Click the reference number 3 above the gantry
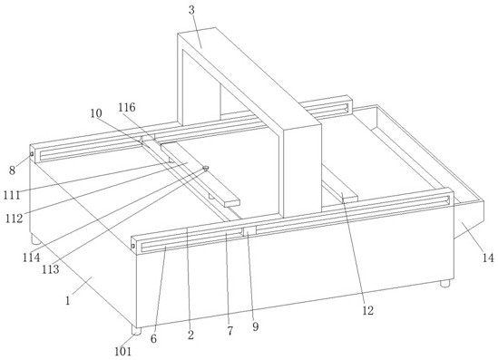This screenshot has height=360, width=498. (x=191, y=10)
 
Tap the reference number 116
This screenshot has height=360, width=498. (x=127, y=108)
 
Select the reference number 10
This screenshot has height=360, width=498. (x=96, y=113)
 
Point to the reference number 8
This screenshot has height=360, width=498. (x=12, y=170)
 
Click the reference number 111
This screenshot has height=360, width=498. (x=12, y=195)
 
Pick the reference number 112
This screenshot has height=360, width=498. (x=14, y=219)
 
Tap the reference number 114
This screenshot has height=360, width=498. (x=32, y=258)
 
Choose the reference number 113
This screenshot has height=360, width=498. (x=51, y=269)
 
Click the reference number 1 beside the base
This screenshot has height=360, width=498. (x=68, y=300)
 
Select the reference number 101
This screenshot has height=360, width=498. (x=122, y=352)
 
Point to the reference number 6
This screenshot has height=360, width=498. (x=153, y=339)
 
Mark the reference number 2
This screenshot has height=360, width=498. (x=190, y=335)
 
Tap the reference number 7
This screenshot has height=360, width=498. (x=229, y=331)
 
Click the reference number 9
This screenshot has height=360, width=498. (x=256, y=326)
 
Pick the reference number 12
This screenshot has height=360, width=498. (x=367, y=310)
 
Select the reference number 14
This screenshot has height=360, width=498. (x=488, y=258)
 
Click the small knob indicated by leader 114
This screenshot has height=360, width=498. (x=206, y=168)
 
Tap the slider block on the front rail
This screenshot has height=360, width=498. (x=249, y=231)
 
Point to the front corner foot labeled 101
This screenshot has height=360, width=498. (x=136, y=330)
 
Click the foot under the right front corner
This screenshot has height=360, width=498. (x=445, y=283)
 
